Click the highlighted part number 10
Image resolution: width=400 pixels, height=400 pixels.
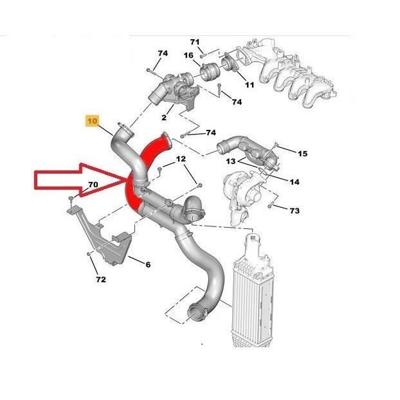coord(93,120)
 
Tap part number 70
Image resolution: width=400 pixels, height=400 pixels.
coord(93,184)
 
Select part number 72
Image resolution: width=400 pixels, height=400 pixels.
coord(101,280)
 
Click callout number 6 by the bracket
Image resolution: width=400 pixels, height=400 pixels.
coord(148,264)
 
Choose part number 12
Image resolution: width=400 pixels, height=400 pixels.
coord(181,159)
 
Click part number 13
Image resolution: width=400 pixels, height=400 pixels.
coord(231,161)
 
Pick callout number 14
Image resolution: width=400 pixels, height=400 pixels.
coord(294,182)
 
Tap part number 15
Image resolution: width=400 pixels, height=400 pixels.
coord(302,154)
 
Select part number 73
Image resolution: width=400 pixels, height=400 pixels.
coord(294,211)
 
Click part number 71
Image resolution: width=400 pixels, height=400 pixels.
coord(195,42)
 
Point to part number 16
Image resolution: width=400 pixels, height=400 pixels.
coord(188,55)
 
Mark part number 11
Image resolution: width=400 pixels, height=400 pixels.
coord(250,85)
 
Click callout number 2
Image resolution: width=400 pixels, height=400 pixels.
coord(164,117)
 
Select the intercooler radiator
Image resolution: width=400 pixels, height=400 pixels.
coord(253,291)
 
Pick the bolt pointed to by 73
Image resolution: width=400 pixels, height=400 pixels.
coord(270,205)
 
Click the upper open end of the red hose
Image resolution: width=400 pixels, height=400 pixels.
coord(166,141)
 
